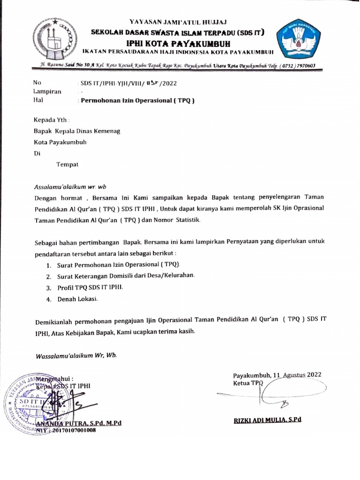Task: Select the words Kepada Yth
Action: (x=50, y=120)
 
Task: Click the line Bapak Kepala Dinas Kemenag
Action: (x=77, y=132)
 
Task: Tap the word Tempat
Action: (x=67, y=164)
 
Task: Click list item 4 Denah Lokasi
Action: (x=77, y=299)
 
